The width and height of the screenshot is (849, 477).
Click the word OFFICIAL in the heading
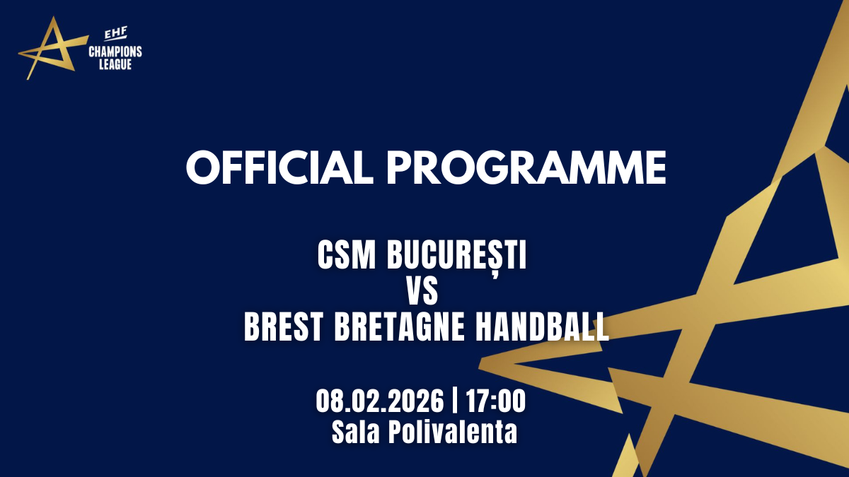click(x=279, y=167)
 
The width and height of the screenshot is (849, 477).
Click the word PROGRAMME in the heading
click(x=526, y=167)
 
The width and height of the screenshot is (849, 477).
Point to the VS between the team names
click(x=422, y=291)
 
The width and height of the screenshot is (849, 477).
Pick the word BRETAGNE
click(x=400, y=326)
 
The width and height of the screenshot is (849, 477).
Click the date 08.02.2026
click(x=380, y=401)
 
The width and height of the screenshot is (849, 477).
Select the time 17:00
click(x=496, y=401)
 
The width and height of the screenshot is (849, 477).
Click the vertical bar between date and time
click(x=455, y=401)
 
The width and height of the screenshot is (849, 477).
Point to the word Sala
click(x=355, y=432)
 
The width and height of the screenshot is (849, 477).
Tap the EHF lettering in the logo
click(x=115, y=34)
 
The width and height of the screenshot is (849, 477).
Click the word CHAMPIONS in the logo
click(x=115, y=52)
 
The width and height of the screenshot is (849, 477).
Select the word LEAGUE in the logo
click(x=115, y=64)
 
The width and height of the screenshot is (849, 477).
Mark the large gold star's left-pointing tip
click(x=479, y=367)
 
